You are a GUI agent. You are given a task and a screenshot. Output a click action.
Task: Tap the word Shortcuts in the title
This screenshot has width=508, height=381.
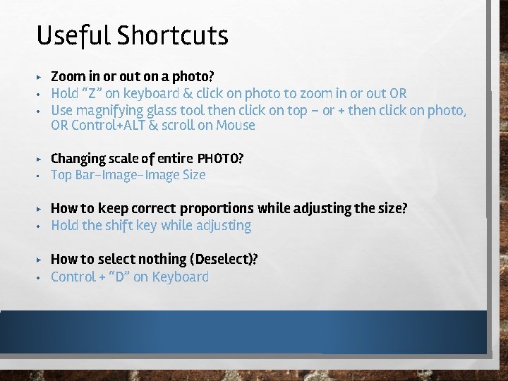click(x=174, y=35)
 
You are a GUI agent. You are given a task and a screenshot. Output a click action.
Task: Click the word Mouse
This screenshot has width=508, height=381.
click(x=236, y=126)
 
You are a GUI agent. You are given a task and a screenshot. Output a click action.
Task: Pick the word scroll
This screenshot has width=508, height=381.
click(x=179, y=126)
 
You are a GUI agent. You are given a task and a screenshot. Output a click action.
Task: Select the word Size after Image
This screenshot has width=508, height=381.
click(x=193, y=174)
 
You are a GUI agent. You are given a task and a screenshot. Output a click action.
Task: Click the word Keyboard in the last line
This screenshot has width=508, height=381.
click(x=181, y=277)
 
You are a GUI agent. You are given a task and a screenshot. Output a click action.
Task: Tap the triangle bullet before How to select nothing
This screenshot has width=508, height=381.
click(x=40, y=260)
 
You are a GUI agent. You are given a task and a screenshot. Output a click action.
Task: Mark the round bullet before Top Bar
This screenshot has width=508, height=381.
click(x=40, y=175)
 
